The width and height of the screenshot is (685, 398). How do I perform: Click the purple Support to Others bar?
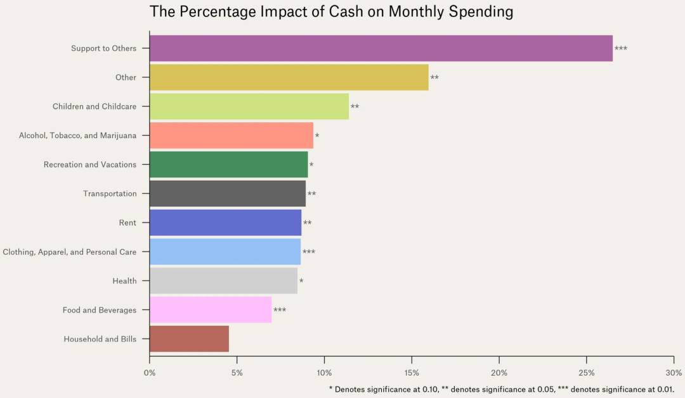click(381, 48)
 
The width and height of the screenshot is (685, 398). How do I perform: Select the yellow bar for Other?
click(289, 77)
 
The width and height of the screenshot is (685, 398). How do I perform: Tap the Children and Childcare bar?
click(249, 106)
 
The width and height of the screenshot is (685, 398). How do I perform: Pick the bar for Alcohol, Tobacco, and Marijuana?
click(231, 136)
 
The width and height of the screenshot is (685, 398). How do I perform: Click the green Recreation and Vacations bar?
click(228, 165)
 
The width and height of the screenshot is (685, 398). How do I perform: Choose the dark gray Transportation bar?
click(227, 194)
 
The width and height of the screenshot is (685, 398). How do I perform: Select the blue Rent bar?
click(225, 223)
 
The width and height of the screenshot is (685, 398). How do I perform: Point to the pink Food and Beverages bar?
click(210, 310)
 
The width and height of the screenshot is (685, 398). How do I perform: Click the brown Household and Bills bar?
click(189, 339)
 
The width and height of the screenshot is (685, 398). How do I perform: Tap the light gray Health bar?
click(223, 281)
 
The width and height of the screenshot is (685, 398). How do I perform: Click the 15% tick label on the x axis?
click(412, 373)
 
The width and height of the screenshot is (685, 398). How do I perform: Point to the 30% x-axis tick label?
click(674, 373)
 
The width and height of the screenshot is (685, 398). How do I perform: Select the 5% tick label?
click(237, 373)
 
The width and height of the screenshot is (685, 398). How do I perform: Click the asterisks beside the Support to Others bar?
click(621, 49)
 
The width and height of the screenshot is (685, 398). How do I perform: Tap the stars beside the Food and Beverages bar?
click(280, 311)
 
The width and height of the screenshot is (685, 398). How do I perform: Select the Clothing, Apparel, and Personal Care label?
click(69, 252)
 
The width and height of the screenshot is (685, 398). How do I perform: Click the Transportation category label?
click(110, 194)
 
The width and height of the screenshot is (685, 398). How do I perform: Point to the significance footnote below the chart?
click(501, 388)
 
